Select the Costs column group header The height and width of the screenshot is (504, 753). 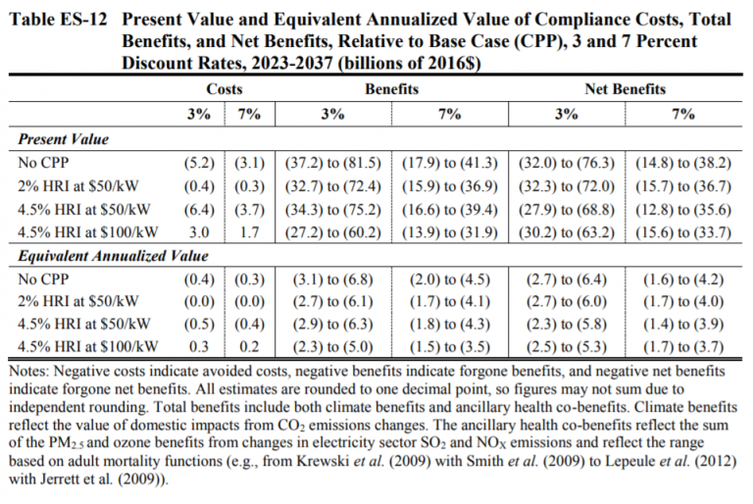point(225,89)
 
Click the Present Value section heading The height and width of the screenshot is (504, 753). point(64,139)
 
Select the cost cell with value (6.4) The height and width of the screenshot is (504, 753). point(198,209)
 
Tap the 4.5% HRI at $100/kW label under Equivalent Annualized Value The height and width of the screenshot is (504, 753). point(87,346)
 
